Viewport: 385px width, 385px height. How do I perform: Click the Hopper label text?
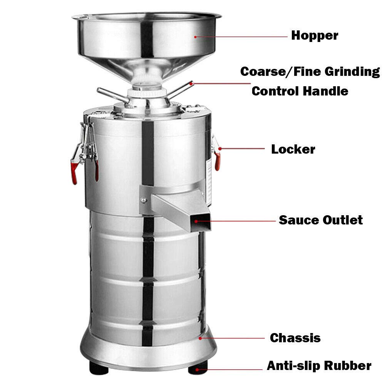click(x=315, y=35)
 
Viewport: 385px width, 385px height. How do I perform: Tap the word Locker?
click(x=293, y=149)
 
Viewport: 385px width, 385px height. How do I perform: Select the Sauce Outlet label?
click(x=321, y=220)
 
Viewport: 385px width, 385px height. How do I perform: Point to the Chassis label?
click(x=295, y=338)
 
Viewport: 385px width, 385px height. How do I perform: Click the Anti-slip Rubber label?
click(x=319, y=366)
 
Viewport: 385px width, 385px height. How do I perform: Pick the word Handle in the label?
click(x=325, y=91)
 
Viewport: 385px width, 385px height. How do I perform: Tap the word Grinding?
click(x=350, y=72)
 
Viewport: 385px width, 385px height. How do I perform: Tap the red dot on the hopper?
click(x=196, y=37)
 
